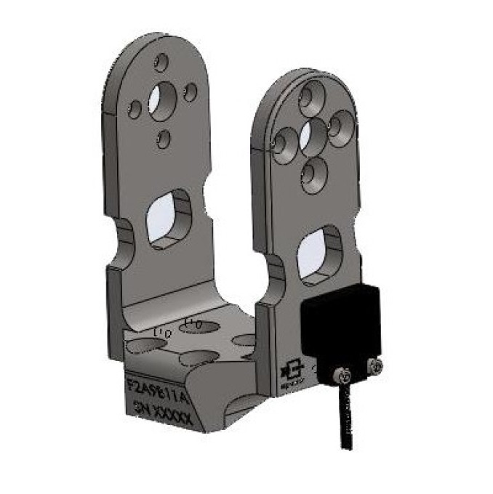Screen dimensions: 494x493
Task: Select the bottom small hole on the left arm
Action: click(x=164, y=137)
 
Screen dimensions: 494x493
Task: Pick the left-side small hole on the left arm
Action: click(x=135, y=109)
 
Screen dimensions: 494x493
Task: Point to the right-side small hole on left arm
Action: click(x=191, y=92)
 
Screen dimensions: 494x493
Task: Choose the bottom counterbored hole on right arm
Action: click(x=314, y=174)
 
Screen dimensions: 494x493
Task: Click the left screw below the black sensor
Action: click(x=342, y=374)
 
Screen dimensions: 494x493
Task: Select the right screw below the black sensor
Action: click(x=374, y=368)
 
